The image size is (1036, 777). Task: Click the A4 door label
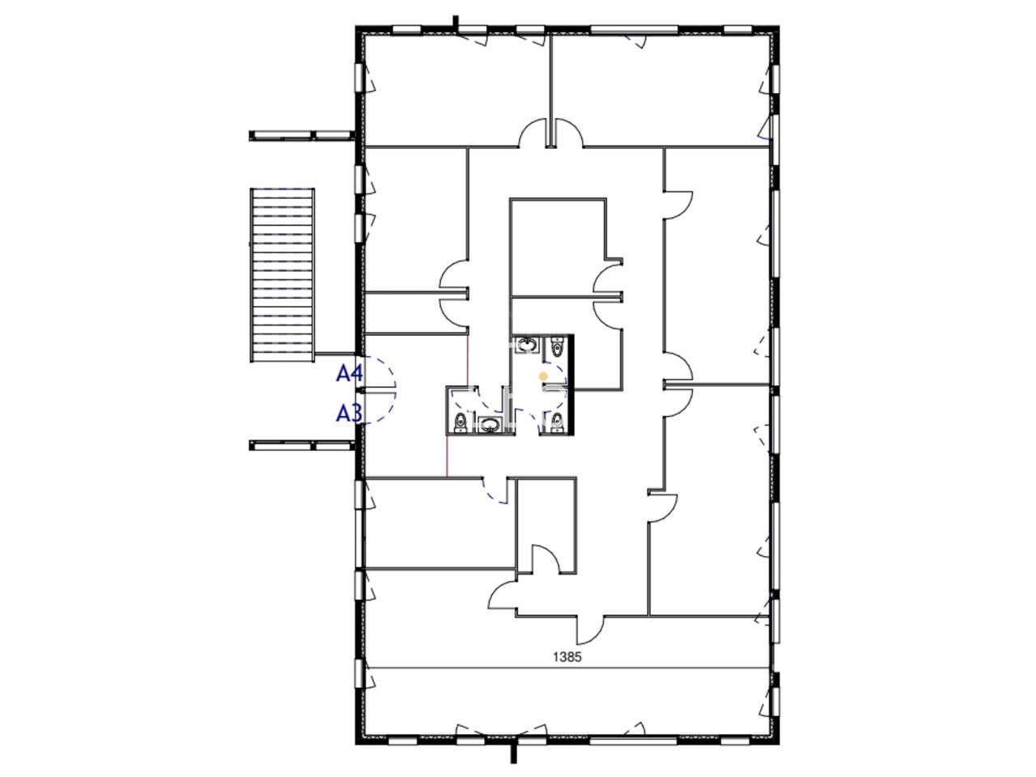pyautogui.click(x=350, y=374)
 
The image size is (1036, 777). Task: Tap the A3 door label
pyautogui.click(x=350, y=414)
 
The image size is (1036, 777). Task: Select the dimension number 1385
pyautogui.click(x=567, y=656)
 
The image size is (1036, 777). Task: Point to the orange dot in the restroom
pyautogui.click(x=543, y=376)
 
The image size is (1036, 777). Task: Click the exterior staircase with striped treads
pyautogui.click(x=282, y=274)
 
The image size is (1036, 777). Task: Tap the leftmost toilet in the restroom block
pyautogui.click(x=461, y=422)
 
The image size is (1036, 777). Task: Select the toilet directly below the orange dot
pyautogui.click(x=558, y=422)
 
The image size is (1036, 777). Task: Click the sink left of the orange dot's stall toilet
pyautogui.click(x=526, y=346)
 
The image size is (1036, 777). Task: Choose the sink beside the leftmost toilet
pyautogui.click(x=490, y=425)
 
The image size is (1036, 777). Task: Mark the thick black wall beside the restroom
pyautogui.click(x=571, y=384)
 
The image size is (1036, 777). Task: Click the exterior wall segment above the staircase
pyautogui.click(x=302, y=136)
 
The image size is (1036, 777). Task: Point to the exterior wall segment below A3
pyautogui.click(x=302, y=445)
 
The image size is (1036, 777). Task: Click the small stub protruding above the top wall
pyautogui.click(x=456, y=22)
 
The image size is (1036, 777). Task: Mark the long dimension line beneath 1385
pyautogui.click(x=567, y=668)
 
